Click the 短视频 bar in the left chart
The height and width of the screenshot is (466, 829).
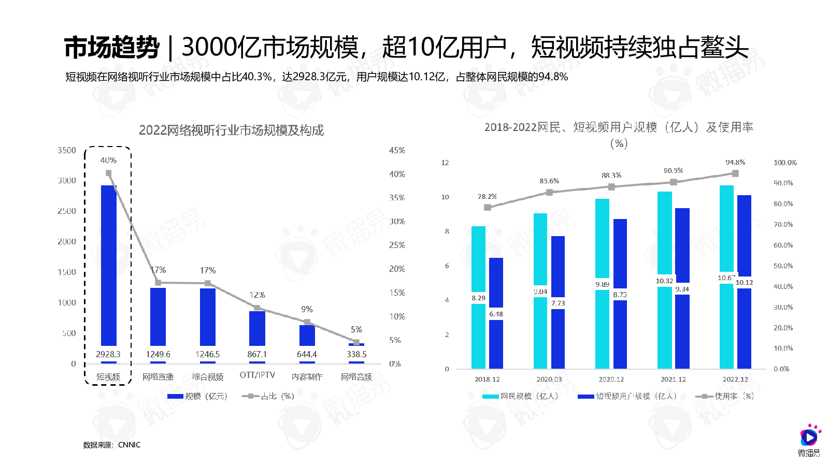(x=108, y=264)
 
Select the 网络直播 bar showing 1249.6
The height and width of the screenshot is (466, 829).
(x=158, y=316)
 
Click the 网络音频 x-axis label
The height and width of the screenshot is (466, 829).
(x=356, y=377)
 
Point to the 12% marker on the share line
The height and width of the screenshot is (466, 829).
(x=257, y=308)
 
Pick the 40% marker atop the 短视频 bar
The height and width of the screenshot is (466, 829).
(x=108, y=173)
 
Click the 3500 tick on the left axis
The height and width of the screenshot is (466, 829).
(x=67, y=150)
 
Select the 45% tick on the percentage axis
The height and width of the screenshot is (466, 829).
(x=397, y=150)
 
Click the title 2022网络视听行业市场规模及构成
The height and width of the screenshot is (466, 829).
(x=231, y=130)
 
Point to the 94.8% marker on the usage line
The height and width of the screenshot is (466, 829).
(x=735, y=173)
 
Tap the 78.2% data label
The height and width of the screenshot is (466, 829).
(x=487, y=197)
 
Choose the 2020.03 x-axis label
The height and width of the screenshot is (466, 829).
(x=549, y=379)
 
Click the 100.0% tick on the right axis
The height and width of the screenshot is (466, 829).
(x=785, y=163)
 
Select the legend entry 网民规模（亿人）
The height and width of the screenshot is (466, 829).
(x=521, y=396)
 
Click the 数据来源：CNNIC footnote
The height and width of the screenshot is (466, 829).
(x=112, y=445)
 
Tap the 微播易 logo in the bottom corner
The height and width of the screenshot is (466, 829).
(x=809, y=441)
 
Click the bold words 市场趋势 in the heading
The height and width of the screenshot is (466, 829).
(x=112, y=48)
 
